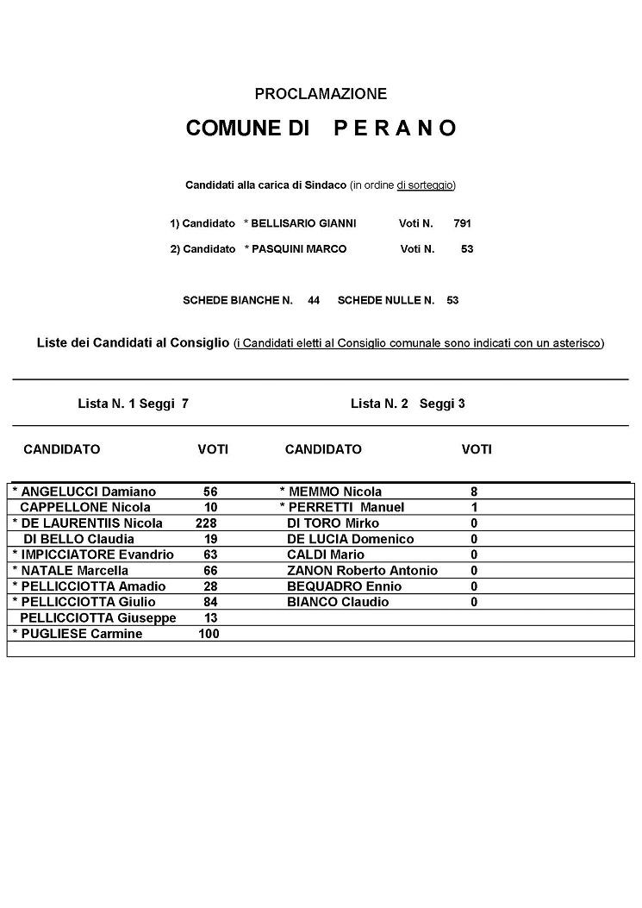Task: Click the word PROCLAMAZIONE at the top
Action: pos(321,94)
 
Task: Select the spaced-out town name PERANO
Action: pos(395,128)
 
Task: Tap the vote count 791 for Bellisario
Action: pos(462,223)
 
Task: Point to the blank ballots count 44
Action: pos(314,301)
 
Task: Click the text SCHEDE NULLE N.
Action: pos(386,301)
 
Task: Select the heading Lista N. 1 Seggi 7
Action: pos(133,404)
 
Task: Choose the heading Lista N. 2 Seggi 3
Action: pos(408,404)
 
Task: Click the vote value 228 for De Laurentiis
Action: pos(207,523)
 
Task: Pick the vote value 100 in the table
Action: pos(209,634)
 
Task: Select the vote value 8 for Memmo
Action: pos(474,492)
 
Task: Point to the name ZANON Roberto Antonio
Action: pos(362,571)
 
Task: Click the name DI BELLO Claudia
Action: pos(78,539)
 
